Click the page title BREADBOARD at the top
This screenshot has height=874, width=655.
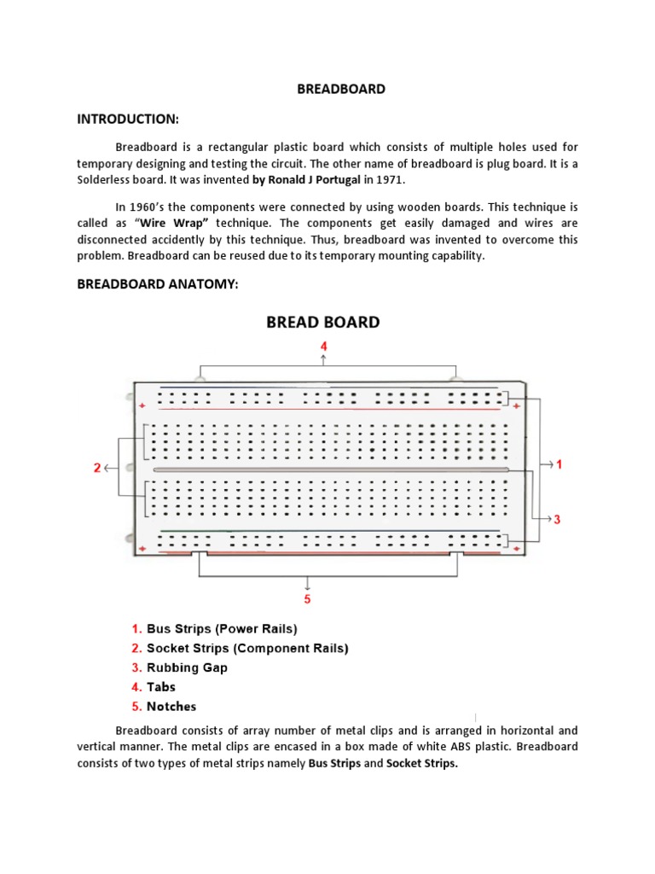(340, 89)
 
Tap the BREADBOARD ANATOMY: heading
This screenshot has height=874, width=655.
(157, 283)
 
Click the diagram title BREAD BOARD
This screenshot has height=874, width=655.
(323, 322)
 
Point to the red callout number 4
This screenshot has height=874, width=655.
(323, 347)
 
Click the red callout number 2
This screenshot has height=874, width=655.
(97, 468)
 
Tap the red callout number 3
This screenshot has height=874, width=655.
(557, 519)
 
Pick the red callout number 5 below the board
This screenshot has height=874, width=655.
(308, 598)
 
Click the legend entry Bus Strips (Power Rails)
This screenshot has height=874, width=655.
(222, 629)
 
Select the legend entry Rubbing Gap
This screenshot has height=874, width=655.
(187, 667)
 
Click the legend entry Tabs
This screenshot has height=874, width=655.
(160, 687)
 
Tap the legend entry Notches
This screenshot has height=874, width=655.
(171, 707)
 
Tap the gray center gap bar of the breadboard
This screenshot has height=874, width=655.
(331, 469)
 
